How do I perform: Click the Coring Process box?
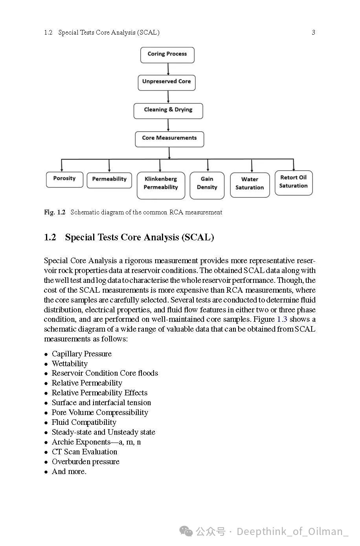point(167,55)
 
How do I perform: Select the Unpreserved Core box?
point(166,82)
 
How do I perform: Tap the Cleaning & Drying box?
point(168,111)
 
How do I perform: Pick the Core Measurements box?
point(169,138)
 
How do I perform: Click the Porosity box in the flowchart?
point(64,179)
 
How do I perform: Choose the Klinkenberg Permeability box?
point(160,184)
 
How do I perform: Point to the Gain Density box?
point(207,184)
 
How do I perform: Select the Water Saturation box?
point(250,184)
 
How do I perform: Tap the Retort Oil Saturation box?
point(293,182)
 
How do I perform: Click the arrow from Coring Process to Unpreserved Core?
point(168,69)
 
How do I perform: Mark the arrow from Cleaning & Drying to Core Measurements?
point(168,125)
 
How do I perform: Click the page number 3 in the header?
point(313,33)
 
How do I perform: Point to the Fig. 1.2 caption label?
point(55,212)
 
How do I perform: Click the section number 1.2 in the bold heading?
point(50,238)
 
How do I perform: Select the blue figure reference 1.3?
point(282,319)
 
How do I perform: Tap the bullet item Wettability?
point(70,364)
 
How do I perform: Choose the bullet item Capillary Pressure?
point(82,354)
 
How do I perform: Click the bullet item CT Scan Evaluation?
point(84,452)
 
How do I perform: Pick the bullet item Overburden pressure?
point(86,462)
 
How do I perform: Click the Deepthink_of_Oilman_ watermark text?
point(292,532)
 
